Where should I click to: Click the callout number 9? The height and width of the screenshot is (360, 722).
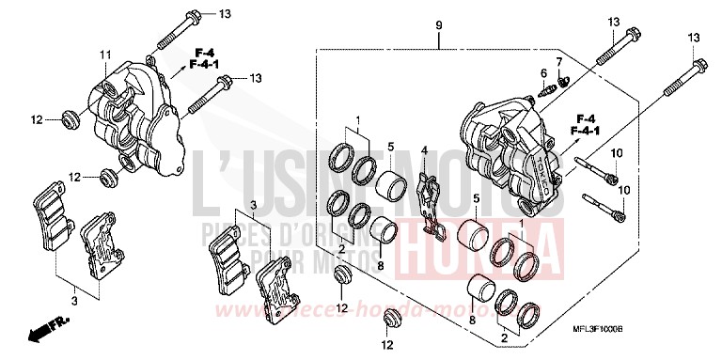pyautogui.click(x=439, y=22)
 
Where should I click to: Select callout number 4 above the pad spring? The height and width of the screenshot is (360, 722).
pyautogui.click(x=424, y=150)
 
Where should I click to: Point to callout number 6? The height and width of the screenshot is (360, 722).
pyautogui.click(x=542, y=72)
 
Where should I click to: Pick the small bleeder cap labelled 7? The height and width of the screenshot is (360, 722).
pyautogui.click(x=562, y=82)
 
